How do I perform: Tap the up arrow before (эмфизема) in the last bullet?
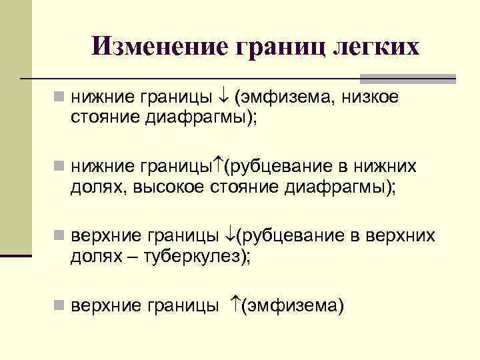[x=234, y=306]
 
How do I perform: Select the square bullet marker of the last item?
[x=61, y=306]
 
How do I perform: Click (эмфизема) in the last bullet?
[x=293, y=306]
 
